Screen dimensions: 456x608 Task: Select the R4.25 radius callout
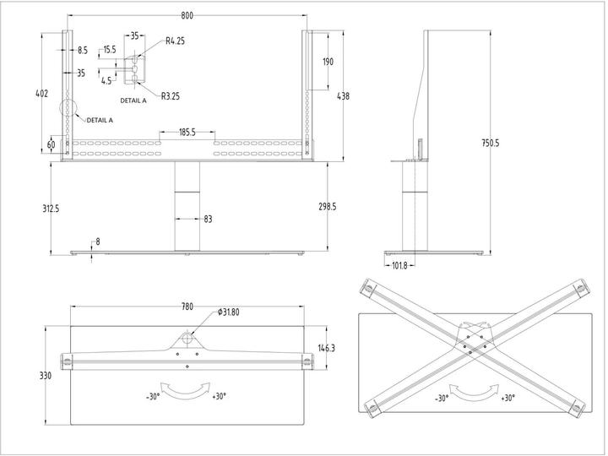pos(176,41)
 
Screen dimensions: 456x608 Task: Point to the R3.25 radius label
pos(169,96)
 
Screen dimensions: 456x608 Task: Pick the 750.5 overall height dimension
pos(490,143)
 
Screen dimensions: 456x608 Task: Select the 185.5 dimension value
pos(187,133)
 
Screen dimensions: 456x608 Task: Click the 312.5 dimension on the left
pos(51,209)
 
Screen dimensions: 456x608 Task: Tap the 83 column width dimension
pos(208,220)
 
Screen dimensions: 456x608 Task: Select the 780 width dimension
pos(187,307)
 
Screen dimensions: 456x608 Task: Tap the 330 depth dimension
pos(51,376)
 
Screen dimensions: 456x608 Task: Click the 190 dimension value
pos(328,62)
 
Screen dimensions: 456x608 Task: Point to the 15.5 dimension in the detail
pos(109,50)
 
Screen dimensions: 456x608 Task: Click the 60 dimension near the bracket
pos(51,144)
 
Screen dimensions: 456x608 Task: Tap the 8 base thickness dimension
pos(98,242)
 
